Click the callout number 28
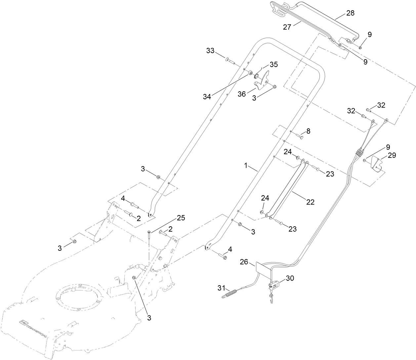coord(350,13)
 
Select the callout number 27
coord(287,27)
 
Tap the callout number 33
coord(210,51)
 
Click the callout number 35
coord(274,64)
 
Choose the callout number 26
coord(244,262)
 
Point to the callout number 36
coord(242,94)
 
